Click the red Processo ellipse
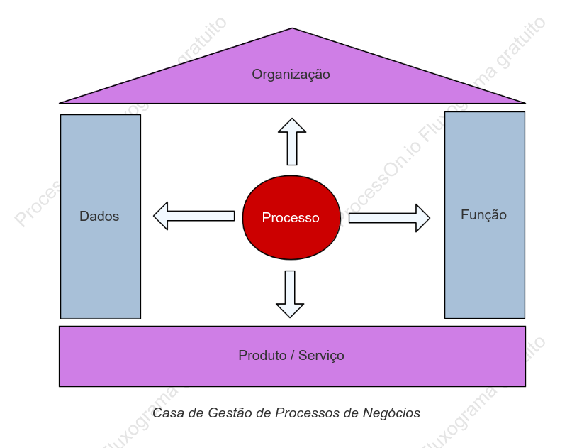291,218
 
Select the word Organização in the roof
291,75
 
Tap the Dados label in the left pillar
99,217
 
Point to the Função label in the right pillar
483,215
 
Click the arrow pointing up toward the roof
292,141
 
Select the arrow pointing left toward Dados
194,216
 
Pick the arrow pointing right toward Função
389,218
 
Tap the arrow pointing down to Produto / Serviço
290,294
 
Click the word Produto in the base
262,356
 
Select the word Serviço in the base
321,356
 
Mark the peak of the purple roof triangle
292,28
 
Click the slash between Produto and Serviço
292,356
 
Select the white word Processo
291,218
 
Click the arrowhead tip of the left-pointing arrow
154,216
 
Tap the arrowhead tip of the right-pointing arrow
430,218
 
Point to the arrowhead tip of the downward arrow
290,317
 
